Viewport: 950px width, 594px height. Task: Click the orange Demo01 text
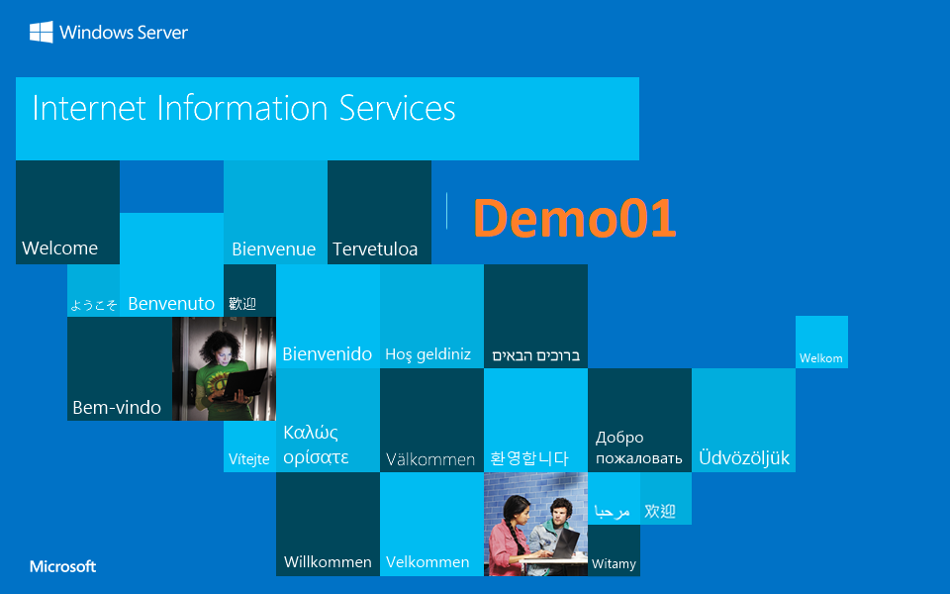pyautogui.click(x=574, y=219)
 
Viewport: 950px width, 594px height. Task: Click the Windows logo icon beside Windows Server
pyautogui.click(x=41, y=33)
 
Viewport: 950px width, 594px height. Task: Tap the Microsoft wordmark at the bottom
pyautogui.click(x=62, y=567)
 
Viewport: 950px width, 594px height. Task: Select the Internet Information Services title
pyautogui.click(x=243, y=108)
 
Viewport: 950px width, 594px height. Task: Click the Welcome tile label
pyautogui.click(x=59, y=248)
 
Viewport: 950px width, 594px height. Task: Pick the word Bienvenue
pyautogui.click(x=273, y=249)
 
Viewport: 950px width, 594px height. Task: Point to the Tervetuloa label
pyautogui.click(x=375, y=249)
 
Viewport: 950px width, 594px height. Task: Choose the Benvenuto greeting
pyautogui.click(x=171, y=304)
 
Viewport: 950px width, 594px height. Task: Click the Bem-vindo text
pyautogui.click(x=117, y=408)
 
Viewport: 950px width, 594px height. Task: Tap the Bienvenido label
pyautogui.click(x=328, y=354)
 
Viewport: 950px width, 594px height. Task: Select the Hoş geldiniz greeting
pyautogui.click(x=427, y=354)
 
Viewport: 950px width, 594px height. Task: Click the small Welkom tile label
pyautogui.click(x=821, y=358)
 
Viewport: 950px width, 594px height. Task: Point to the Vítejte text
pyautogui.click(x=249, y=459)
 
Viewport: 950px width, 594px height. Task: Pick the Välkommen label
pyautogui.click(x=430, y=459)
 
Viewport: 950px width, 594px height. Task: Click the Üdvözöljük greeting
pyautogui.click(x=744, y=458)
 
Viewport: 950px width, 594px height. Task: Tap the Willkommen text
pyautogui.click(x=328, y=562)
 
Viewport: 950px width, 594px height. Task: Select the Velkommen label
pyautogui.click(x=427, y=562)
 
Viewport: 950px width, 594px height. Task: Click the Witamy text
pyautogui.click(x=614, y=564)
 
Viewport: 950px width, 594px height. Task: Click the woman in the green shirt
pyautogui.click(x=220, y=371)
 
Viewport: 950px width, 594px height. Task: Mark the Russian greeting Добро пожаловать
pyautogui.click(x=638, y=447)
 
